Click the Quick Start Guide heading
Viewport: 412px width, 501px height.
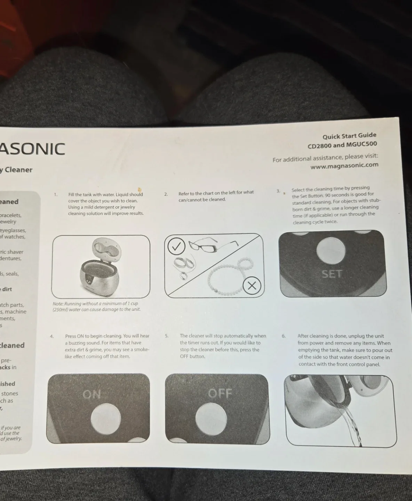349,136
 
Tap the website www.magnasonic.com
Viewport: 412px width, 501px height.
344,166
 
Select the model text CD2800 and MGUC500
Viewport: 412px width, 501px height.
342,145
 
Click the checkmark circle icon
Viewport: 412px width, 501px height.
177,246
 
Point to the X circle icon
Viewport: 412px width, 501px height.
252,286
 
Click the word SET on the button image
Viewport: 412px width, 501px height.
332,274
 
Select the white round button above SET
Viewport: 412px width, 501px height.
331,250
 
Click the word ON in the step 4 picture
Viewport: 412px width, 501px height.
92,395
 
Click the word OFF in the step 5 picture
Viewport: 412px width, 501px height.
220,393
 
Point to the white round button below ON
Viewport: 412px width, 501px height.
105,419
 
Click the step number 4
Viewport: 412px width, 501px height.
51,336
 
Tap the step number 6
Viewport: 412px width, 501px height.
283,336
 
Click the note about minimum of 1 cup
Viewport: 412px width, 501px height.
96,307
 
